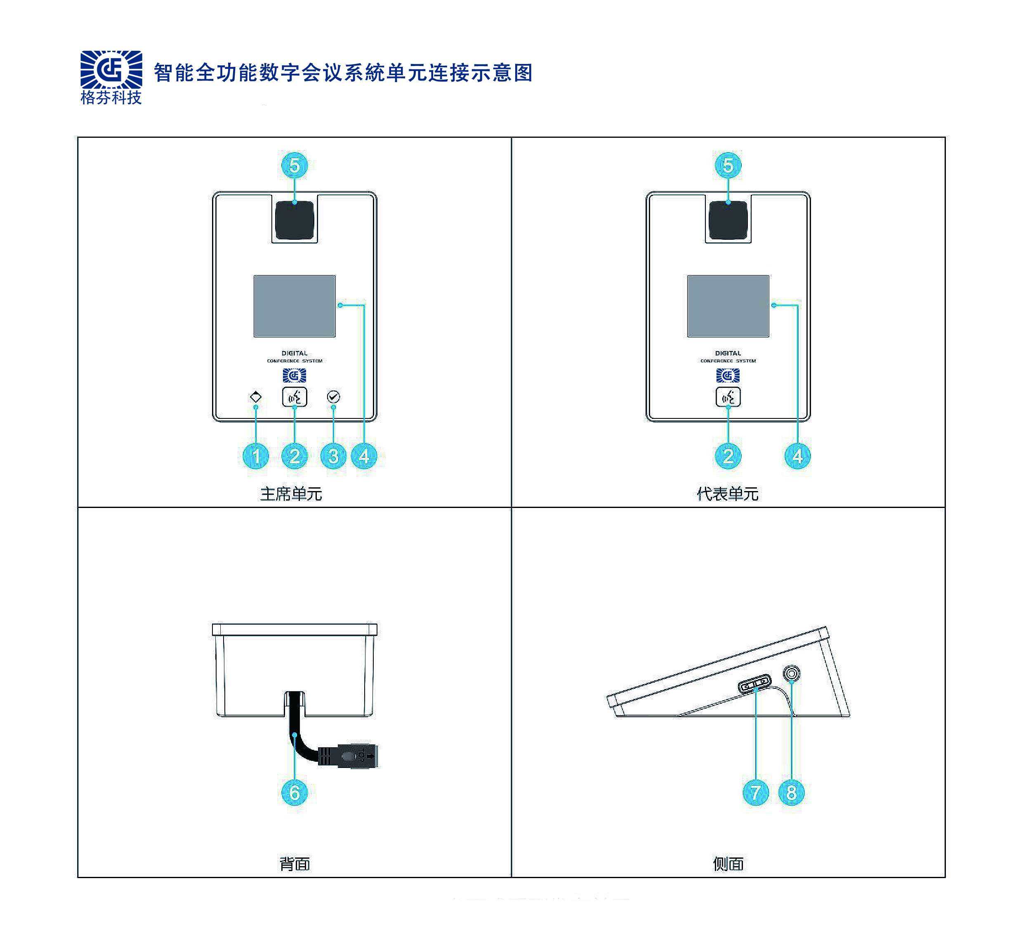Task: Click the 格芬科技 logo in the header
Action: pos(111,77)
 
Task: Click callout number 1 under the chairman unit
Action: pos(256,456)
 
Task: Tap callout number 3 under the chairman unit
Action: pos(333,456)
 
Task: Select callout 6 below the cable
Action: pos(294,792)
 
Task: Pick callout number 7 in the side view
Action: pos(756,792)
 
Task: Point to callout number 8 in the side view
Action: pos(792,792)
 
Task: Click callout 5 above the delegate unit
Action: pos(728,165)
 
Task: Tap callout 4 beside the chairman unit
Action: pos(364,456)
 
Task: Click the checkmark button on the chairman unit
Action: pos(333,397)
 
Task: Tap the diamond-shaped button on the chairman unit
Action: pos(256,397)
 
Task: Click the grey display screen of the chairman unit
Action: pos(295,306)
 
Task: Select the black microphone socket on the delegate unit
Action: pos(728,220)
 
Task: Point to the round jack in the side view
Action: pos(792,674)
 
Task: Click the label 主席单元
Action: pos(291,494)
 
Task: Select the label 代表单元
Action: pos(728,494)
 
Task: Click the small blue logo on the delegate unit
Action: pos(728,376)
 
